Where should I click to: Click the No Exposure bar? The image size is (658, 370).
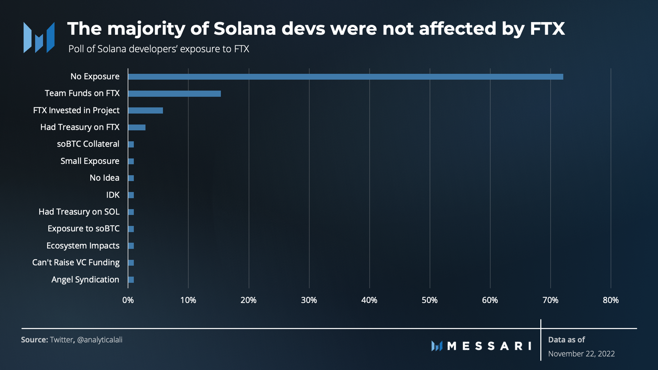pyautogui.click(x=346, y=77)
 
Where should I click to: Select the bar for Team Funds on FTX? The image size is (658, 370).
pyautogui.click(x=174, y=94)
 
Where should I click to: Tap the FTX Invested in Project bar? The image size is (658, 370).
pyautogui.click(x=146, y=111)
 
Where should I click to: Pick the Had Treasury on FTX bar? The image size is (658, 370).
pyautogui.click(x=137, y=127)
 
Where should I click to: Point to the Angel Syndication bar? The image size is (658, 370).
pyautogui.click(x=131, y=280)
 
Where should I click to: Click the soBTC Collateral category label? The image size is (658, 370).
pyautogui.click(x=88, y=144)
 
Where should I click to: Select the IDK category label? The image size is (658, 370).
pyautogui.click(x=113, y=195)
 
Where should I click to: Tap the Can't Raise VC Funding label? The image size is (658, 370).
pyautogui.click(x=76, y=263)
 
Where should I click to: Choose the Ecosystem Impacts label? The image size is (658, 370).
pyautogui.click(x=83, y=246)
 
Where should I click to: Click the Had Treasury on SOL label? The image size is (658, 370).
pyautogui.click(x=79, y=212)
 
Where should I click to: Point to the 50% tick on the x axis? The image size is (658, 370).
pyautogui.click(x=429, y=300)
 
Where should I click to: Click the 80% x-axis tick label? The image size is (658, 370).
pyautogui.click(x=611, y=300)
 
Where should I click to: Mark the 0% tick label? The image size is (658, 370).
pyautogui.click(x=128, y=300)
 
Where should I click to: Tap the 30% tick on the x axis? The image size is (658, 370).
pyautogui.click(x=309, y=300)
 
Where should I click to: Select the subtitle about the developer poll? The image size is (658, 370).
pyautogui.click(x=159, y=49)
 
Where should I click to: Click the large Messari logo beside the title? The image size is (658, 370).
pyautogui.click(x=39, y=37)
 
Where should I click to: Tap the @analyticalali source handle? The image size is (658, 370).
pyautogui.click(x=100, y=340)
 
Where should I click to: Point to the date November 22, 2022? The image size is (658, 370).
pyautogui.click(x=582, y=354)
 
